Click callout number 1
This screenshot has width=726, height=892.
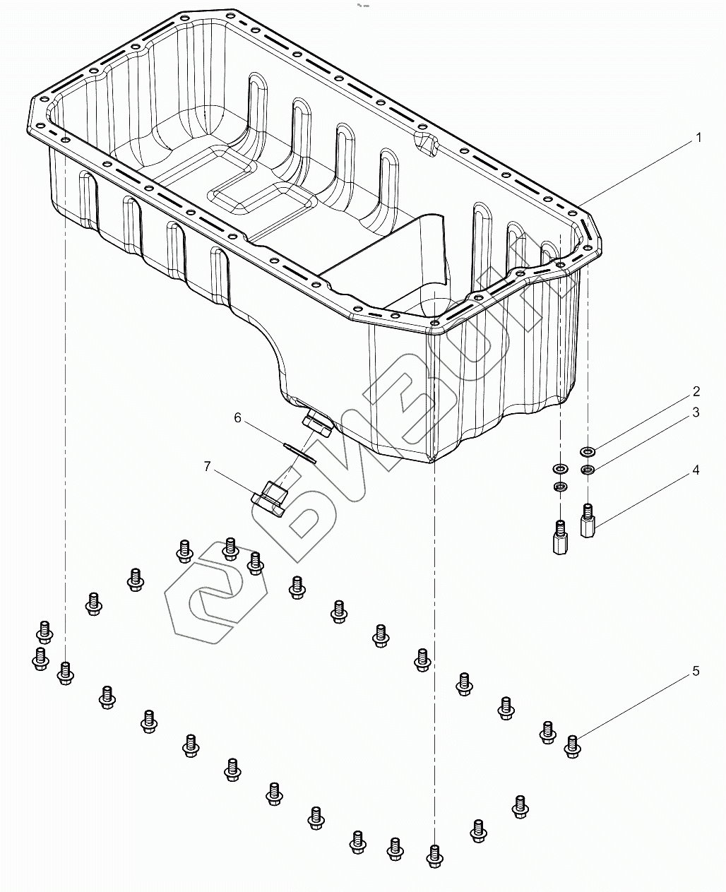698,138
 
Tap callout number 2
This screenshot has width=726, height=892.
696,392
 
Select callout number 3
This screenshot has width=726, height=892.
696,412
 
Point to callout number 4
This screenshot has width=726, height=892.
696,470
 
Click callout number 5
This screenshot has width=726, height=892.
696,671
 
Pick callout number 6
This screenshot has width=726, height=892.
238,418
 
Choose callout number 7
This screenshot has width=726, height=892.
207,466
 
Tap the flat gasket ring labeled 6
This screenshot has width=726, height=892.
299,453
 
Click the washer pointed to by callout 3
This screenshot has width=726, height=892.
588,470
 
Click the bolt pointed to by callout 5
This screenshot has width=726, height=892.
573,746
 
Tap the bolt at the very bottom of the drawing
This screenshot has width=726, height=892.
434,856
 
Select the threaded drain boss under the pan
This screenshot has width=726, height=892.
316,424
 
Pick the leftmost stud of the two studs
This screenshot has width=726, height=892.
559,537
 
